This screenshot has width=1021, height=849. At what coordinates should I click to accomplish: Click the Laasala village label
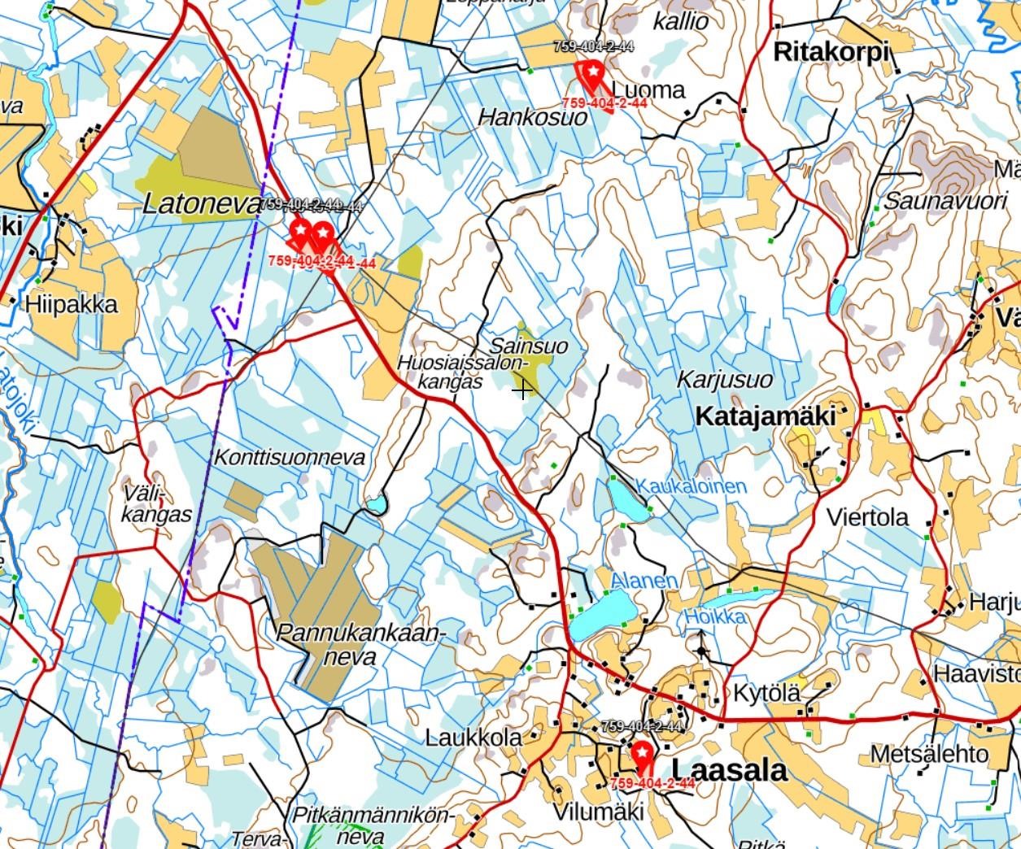[730, 770]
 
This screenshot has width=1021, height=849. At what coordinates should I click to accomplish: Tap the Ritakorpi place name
[831, 52]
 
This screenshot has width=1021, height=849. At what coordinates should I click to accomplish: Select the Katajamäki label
[766, 416]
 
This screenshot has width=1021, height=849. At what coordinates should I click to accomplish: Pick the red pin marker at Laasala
[643, 755]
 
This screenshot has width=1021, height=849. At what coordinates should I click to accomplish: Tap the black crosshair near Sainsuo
[522, 390]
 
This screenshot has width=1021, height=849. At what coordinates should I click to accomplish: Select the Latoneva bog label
[201, 203]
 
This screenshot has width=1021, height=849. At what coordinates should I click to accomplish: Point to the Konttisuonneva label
[289, 457]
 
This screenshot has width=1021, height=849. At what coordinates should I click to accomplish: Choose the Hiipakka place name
[72, 304]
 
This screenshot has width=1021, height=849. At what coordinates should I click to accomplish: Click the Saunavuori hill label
[945, 200]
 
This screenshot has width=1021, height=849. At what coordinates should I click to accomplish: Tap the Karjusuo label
[724, 379]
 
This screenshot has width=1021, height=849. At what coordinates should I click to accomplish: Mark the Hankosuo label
[532, 117]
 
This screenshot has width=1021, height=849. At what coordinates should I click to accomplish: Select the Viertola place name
[867, 517]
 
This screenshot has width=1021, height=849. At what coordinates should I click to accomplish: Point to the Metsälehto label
[928, 754]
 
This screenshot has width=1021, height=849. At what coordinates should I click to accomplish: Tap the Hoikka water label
[714, 616]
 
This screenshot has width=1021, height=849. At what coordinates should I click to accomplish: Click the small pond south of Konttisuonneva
[375, 505]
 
